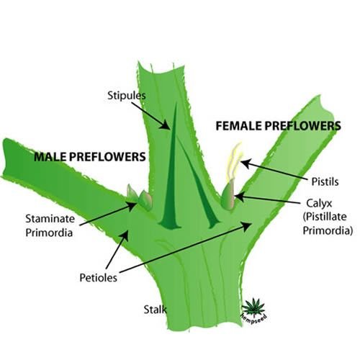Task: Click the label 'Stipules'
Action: (127, 96)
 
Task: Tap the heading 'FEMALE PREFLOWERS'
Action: (278, 126)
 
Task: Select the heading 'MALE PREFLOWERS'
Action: (90, 157)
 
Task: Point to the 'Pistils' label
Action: (325, 181)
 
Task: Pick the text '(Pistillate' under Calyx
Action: (325, 217)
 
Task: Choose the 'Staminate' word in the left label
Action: (50, 219)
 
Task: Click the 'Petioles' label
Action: (99, 278)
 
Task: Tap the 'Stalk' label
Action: (155, 310)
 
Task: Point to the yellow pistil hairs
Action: (234, 161)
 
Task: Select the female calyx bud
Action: (228, 194)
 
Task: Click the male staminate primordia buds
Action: (140, 197)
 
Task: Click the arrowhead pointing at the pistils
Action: (246, 163)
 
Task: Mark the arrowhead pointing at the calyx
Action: (239, 197)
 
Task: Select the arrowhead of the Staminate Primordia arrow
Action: (132, 206)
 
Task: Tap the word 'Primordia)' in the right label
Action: (328, 230)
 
